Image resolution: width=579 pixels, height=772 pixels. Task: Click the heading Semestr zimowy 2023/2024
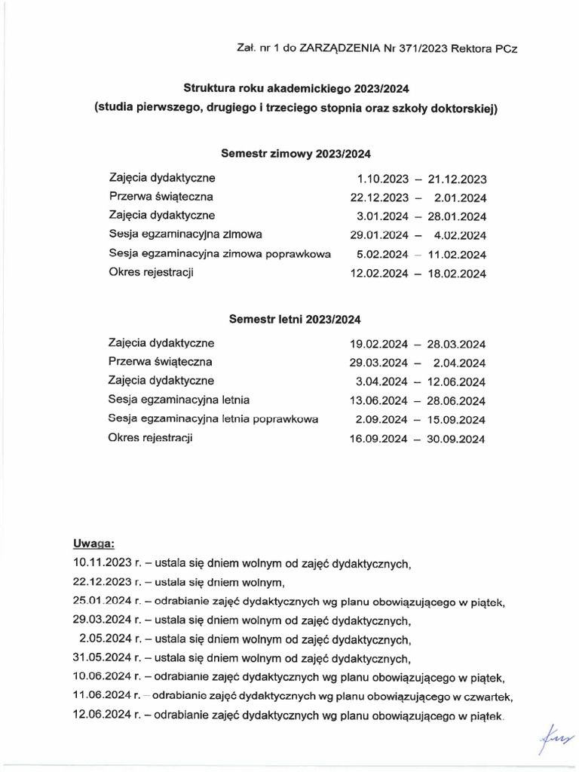point(296,154)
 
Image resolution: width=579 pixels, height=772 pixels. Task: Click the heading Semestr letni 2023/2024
point(296,319)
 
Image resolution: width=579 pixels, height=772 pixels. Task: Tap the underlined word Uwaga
point(93,543)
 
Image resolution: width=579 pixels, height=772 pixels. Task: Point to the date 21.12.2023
point(457,179)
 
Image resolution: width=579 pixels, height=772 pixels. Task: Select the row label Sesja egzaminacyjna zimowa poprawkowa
point(220,254)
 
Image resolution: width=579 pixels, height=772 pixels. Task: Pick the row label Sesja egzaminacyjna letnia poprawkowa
point(213,418)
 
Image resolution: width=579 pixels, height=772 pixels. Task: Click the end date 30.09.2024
point(457,438)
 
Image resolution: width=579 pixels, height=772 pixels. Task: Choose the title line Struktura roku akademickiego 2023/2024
point(296,88)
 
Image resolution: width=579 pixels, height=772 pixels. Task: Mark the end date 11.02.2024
point(457,254)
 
